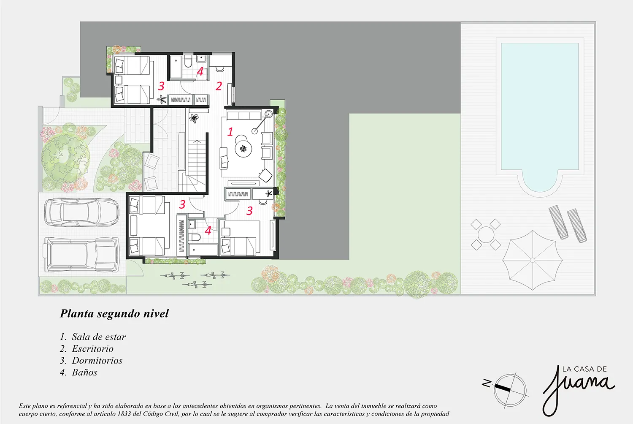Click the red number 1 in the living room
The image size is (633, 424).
pyautogui.click(x=230, y=131)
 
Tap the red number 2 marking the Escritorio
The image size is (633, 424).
pyautogui.click(x=219, y=86)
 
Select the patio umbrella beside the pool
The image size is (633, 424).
pyautogui.click(x=533, y=260)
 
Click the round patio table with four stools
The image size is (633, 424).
pyautogui.click(x=486, y=234)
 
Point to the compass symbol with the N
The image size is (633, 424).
pyautogui.click(x=506, y=389)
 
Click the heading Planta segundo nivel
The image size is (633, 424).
pyautogui.click(x=114, y=314)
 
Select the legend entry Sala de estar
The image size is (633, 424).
pyautogui.click(x=99, y=337)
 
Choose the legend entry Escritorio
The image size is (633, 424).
pyautogui.click(x=93, y=349)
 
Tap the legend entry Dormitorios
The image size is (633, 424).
pyautogui.click(x=97, y=361)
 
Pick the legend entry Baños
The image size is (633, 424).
pyautogui.click(x=84, y=372)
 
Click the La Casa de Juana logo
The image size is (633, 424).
pyautogui.click(x=579, y=390)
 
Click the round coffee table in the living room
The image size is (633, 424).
pyautogui.click(x=243, y=149)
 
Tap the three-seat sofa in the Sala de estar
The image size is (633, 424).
pyautogui.click(x=244, y=116)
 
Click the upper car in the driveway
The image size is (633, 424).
pyautogui.click(x=82, y=212)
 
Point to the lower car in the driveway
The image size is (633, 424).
pyautogui.click(x=82, y=255)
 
